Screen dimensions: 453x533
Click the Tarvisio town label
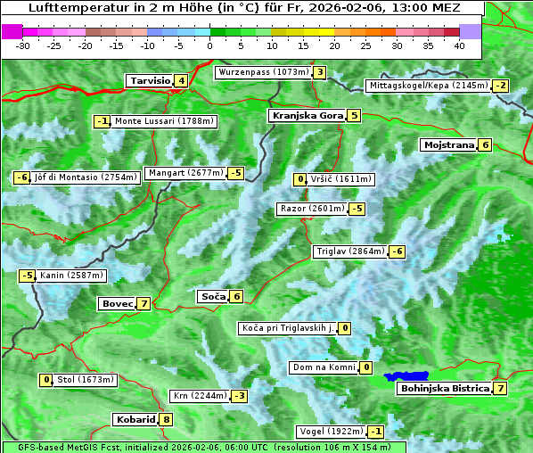pos(149,81)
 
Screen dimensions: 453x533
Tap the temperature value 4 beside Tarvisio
pos(181,81)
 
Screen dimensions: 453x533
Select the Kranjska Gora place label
pos(306,115)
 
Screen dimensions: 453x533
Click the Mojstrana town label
pos(448,144)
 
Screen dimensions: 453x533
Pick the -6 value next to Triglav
pos(398,251)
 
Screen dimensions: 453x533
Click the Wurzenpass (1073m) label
pos(263,72)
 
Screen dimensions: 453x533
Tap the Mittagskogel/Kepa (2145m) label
pos(429,86)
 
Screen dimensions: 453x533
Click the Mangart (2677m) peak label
pos(185,173)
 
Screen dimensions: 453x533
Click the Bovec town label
pos(117,303)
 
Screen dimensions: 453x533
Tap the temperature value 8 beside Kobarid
pos(166,419)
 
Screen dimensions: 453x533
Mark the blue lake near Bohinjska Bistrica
pos(406,377)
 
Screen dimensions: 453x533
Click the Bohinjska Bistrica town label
pos(445,388)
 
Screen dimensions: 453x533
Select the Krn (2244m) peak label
pos(198,395)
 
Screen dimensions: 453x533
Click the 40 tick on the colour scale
pos(459,45)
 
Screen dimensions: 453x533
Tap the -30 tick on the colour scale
pos(23,45)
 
